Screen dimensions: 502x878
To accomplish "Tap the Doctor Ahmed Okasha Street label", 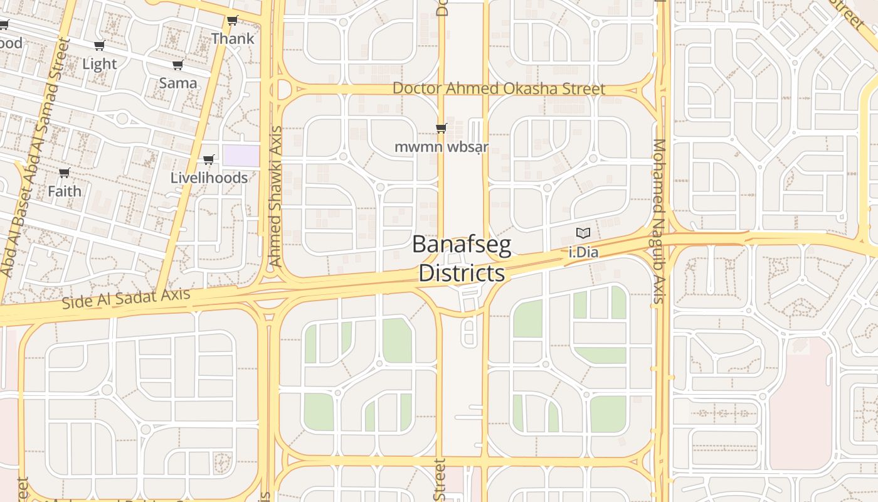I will [499, 88].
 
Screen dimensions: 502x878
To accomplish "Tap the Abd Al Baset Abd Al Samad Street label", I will [35, 157].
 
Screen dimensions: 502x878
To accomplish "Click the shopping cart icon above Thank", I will [233, 20].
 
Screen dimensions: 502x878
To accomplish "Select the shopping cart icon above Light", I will [99, 45].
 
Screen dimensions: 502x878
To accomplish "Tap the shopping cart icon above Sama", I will [177, 65].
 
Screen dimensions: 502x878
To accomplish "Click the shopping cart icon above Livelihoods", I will [209, 159].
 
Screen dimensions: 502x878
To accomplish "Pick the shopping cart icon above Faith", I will [64, 173].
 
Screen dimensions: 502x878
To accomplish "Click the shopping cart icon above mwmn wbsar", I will [441, 128].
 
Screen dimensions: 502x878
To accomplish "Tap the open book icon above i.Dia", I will [583, 233].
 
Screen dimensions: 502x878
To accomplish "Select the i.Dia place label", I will [583, 253].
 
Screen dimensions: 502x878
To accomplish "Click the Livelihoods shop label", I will [209, 178].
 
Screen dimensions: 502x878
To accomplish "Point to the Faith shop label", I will [64, 191].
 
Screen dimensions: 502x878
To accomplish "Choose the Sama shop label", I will [177, 83].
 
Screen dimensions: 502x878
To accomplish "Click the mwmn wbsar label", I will [441, 147].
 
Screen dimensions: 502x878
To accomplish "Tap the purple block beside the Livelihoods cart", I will [241, 156].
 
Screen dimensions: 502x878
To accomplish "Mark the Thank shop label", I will [233, 38].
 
